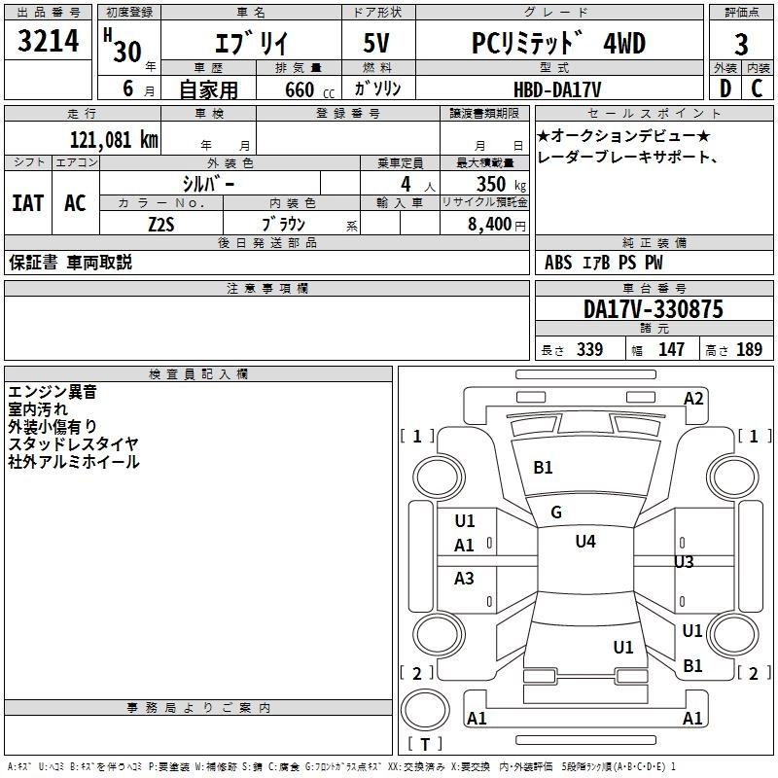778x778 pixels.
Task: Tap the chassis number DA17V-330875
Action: (x=653, y=309)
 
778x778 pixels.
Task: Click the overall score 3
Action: (x=741, y=45)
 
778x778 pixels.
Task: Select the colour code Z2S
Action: (x=160, y=223)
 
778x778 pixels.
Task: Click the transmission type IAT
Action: (x=27, y=203)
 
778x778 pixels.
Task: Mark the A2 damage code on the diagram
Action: (x=693, y=398)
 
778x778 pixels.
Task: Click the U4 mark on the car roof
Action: (x=584, y=542)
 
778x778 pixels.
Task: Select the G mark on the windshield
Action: (x=555, y=513)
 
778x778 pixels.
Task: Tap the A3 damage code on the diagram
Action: (x=465, y=579)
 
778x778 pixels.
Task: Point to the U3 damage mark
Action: (x=684, y=562)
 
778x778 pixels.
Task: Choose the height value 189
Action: (x=749, y=350)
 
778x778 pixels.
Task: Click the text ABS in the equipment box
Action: (x=558, y=262)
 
